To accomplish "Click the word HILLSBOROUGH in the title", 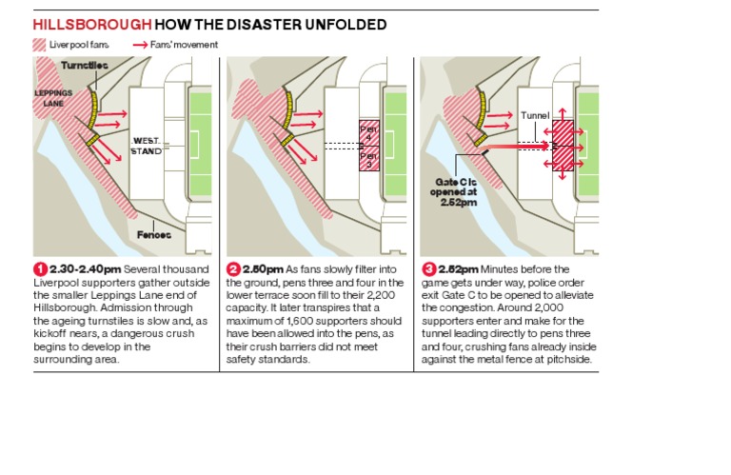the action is tap(91, 24).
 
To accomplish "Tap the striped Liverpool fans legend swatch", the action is tap(39, 45).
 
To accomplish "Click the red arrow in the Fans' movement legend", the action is tap(140, 46).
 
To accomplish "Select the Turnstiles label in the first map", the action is tap(85, 66).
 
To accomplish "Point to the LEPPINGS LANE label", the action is tap(53, 98).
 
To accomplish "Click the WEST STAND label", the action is tap(146, 146).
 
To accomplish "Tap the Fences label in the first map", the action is tap(154, 234).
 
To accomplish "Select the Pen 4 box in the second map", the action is tap(368, 133).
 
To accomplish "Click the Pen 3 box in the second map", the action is tap(368, 158).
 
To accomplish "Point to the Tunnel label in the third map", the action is tap(535, 115).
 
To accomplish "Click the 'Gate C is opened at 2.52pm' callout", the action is tap(453, 192).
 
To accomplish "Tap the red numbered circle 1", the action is tap(41, 269).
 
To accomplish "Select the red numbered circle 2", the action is tap(233, 269).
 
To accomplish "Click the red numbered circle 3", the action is tap(429, 269).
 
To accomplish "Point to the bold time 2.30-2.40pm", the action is tap(86, 269).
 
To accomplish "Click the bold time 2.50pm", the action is tap(263, 269).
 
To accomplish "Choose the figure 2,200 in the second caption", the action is tap(381, 295).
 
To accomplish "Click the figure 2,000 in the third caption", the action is tap(548, 308).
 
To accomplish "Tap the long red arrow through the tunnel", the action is tap(515, 148).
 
